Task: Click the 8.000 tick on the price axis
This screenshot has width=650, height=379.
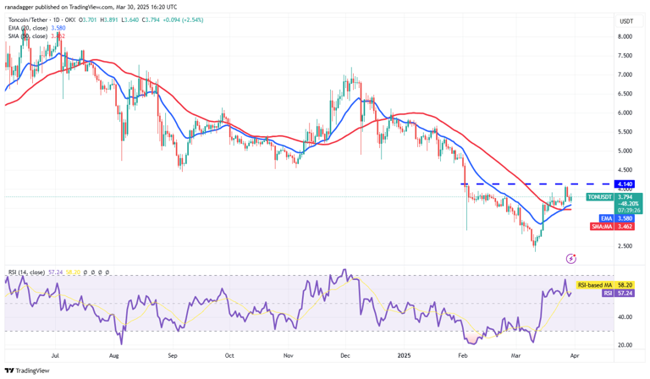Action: (625, 36)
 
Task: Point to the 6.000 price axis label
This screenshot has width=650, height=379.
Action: (625, 113)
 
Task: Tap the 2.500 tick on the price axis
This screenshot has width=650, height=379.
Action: (625, 246)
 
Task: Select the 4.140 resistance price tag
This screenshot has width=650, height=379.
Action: (625, 184)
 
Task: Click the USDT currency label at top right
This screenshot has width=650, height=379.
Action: (626, 21)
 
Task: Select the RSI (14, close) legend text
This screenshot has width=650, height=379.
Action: (32, 272)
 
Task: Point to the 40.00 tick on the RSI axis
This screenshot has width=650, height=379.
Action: (626, 316)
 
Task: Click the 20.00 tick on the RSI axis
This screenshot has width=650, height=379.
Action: (626, 344)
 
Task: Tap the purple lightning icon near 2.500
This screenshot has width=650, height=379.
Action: (570, 258)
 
